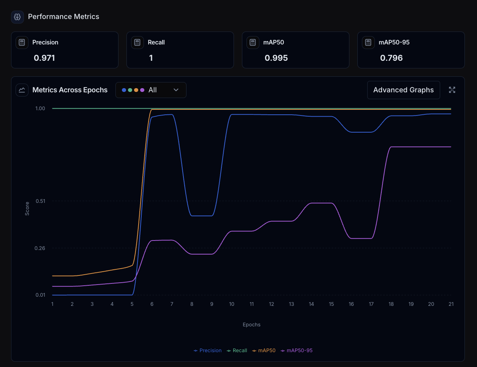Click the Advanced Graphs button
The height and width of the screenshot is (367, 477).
point(403,90)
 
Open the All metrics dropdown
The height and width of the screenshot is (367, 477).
point(151,90)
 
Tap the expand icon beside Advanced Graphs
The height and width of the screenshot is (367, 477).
point(452,90)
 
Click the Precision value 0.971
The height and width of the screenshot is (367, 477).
point(44,58)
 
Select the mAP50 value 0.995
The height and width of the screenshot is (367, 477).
point(276,58)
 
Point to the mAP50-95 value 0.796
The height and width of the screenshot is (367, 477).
point(391,58)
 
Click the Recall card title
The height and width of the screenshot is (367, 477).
point(156,43)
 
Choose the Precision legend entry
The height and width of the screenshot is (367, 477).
point(208,351)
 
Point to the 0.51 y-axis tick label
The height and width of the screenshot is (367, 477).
point(40,201)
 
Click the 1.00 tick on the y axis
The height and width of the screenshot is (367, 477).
point(40,109)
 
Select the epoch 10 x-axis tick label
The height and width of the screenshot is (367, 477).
point(232,304)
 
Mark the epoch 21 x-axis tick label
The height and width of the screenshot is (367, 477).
point(451,304)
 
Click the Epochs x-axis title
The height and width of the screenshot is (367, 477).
point(251,325)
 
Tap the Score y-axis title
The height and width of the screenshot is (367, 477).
point(27,209)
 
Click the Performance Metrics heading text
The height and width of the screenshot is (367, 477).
point(63,17)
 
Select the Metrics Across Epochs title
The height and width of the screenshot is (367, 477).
point(70,90)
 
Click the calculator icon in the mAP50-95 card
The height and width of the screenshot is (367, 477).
point(368,43)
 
